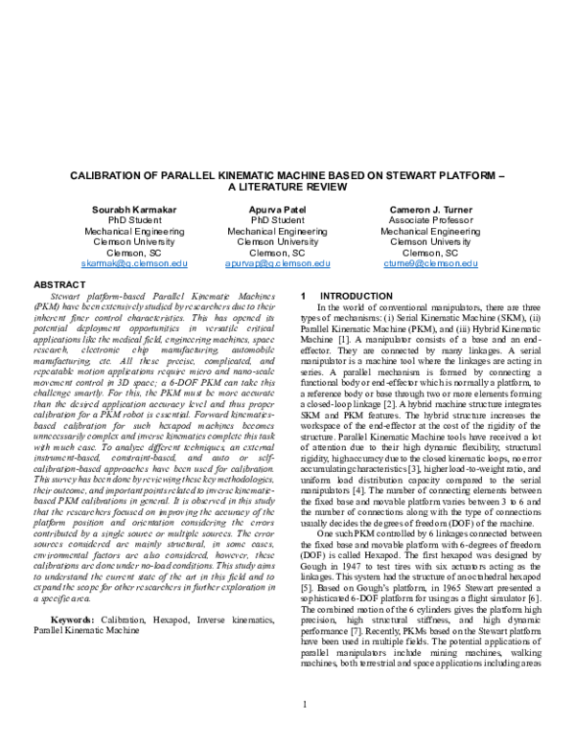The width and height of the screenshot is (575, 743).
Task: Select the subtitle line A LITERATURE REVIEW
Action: [287, 189]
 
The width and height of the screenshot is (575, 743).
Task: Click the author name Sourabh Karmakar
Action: [134, 208]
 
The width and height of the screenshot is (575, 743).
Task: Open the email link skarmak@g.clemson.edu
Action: [134, 262]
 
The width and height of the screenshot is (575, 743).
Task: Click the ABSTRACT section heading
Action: [59, 285]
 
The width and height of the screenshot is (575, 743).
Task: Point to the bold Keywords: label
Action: [74, 566]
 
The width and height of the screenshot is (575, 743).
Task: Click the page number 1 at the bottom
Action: [303, 706]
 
